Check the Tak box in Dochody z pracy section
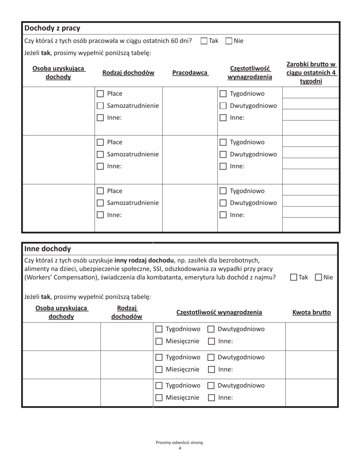[x=204, y=41]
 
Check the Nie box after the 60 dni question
[x=229, y=41]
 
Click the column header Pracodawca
[x=190, y=73]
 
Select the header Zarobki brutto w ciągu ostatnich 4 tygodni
[x=311, y=73]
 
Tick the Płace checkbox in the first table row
[x=100, y=94]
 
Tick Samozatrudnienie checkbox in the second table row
[x=100, y=154]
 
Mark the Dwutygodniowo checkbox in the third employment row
[x=223, y=203]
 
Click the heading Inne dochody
[x=48, y=249]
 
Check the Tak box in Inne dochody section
[x=294, y=277]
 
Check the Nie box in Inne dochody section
[x=318, y=277]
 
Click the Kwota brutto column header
[x=311, y=313]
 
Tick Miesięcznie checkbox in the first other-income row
[x=159, y=341]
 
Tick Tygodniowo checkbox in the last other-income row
[x=159, y=386]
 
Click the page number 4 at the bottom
[x=180, y=449]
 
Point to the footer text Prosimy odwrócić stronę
[x=180, y=443]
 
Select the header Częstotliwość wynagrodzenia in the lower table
[x=219, y=313]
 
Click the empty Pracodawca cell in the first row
[x=190, y=111]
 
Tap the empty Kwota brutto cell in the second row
[x=311, y=364]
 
